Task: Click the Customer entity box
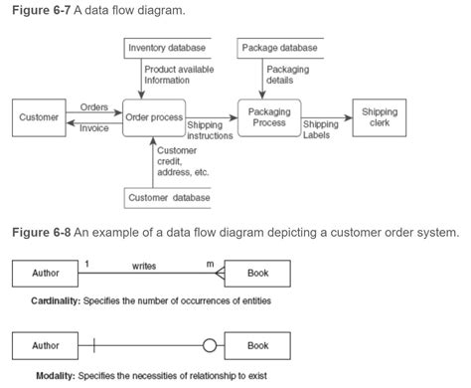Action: [x=38, y=117]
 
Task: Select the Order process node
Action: [x=153, y=117]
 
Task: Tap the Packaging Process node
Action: [x=268, y=117]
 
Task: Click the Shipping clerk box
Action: [x=380, y=117]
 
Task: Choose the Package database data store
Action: [x=280, y=47]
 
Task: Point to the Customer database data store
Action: [x=169, y=198]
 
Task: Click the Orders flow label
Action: [x=94, y=105]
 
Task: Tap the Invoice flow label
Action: [x=94, y=127]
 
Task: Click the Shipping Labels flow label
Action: [x=320, y=130]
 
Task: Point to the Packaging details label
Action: [x=287, y=74]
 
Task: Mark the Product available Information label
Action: [x=179, y=74]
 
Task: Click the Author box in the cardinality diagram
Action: [x=46, y=273]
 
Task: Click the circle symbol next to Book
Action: [x=210, y=346]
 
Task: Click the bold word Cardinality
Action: [x=57, y=299]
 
